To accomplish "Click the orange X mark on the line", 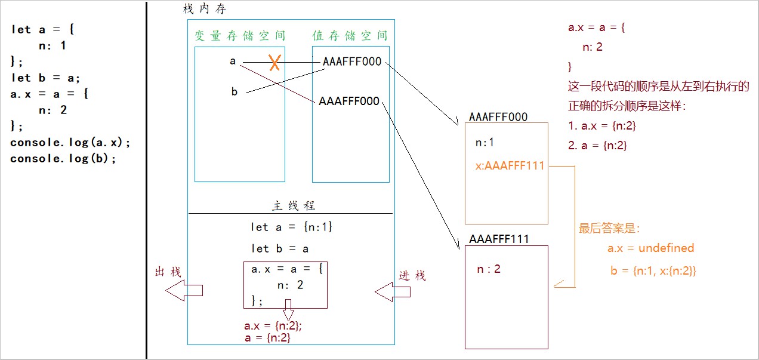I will pyautogui.click(x=274, y=62).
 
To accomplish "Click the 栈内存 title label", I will pyautogui.click(x=204, y=10).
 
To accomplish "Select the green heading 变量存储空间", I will pyautogui.click(x=239, y=36).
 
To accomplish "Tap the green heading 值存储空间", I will pyautogui.click(x=350, y=36).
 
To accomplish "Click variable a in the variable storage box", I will pyautogui.click(x=233, y=61).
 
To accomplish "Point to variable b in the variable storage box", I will pyautogui.click(x=234, y=91).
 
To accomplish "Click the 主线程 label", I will pyautogui.click(x=294, y=205).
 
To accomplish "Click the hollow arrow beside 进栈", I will pyautogui.click(x=393, y=291).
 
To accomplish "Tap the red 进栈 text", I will pyautogui.click(x=412, y=275).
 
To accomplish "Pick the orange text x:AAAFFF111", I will pyautogui.click(x=510, y=166).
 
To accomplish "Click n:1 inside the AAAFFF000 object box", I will pyautogui.click(x=485, y=143).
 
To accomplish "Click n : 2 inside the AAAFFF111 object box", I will pyautogui.click(x=488, y=269).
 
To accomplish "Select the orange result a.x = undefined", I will pyautogui.click(x=650, y=248).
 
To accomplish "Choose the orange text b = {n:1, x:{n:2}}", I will pyautogui.click(x=653, y=270).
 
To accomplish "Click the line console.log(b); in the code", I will pyautogui.click(x=63, y=158).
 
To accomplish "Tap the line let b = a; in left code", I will pyautogui.click(x=45, y=78).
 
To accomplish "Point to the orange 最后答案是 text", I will pyautogui.click(x=609, y=228).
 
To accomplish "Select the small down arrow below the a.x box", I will pyautogui.click(x=289, y=311).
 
